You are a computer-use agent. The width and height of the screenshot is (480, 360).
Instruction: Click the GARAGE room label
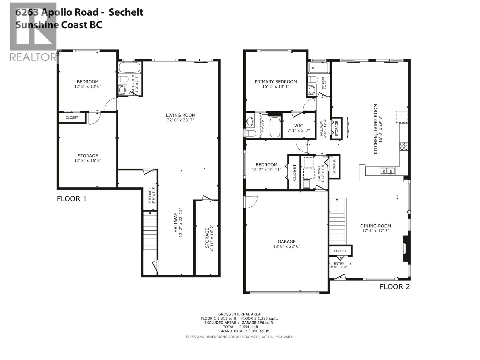pyautogui.click(x=286, y=241)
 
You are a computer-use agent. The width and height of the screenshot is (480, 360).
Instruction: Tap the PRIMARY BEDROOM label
pyautogui.click(x=276, y=82)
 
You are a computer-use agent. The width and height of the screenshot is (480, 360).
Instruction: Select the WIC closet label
pyautogui.click(x=298, y=126)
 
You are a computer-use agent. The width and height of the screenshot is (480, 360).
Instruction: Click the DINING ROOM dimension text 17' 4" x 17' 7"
pyautogui.click(x=376, y=231)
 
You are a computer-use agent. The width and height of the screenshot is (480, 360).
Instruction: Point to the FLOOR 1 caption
pyautogui.click(x=72, y=199)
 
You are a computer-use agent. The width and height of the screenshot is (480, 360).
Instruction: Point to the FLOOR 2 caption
pyautogui.click(x=394, y=286)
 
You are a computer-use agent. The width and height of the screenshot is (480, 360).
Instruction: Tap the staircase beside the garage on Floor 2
pyautogui.click(x=337, y=221)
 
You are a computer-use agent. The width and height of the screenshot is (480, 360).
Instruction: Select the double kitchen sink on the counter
pyautogui.click(x=388, y=171)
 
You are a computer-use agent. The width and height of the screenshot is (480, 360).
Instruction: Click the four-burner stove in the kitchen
pyautogui.click(x=403, y=146)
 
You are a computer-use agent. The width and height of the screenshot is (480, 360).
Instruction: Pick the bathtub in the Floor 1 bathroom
pyautogui.click(x=130, y=67)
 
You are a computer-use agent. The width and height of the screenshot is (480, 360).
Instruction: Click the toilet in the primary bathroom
pyautogui.click(x=250, y=133)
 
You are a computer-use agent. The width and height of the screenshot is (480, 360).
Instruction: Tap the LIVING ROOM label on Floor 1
pyautogui.click(x=180, y=115)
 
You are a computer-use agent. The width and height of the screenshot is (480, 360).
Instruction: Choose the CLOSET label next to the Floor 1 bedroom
pyautogui.click(x=72, y=118)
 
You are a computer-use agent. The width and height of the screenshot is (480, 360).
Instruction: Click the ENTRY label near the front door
pyautogui.click(x=339, y=264)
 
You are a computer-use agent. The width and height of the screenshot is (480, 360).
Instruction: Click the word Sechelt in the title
pyautogui.click(x=126, y=12)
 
